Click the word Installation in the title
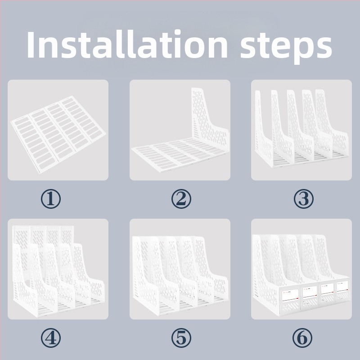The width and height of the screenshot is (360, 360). [x=127, y=44]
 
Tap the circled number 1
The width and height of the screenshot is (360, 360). [x=51, y=199]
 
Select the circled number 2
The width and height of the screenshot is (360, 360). [x=181, y=199]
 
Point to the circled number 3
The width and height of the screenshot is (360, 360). [x=303, y=199]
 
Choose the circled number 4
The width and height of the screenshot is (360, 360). [x=51, y=338]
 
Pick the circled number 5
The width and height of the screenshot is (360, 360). [x=181, y=338]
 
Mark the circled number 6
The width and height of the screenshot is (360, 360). [x=302, y=338]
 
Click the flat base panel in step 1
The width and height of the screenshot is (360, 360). [x=58, y=135]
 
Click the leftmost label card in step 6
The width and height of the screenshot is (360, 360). [x=290, y=295]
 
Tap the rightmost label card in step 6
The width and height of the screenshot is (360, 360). [x=342, y=287]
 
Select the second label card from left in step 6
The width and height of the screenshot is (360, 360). [x=310, y=292]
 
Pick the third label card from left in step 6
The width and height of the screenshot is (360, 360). [x=327, y=289]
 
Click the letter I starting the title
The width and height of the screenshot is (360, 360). [x=31, y=45]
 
